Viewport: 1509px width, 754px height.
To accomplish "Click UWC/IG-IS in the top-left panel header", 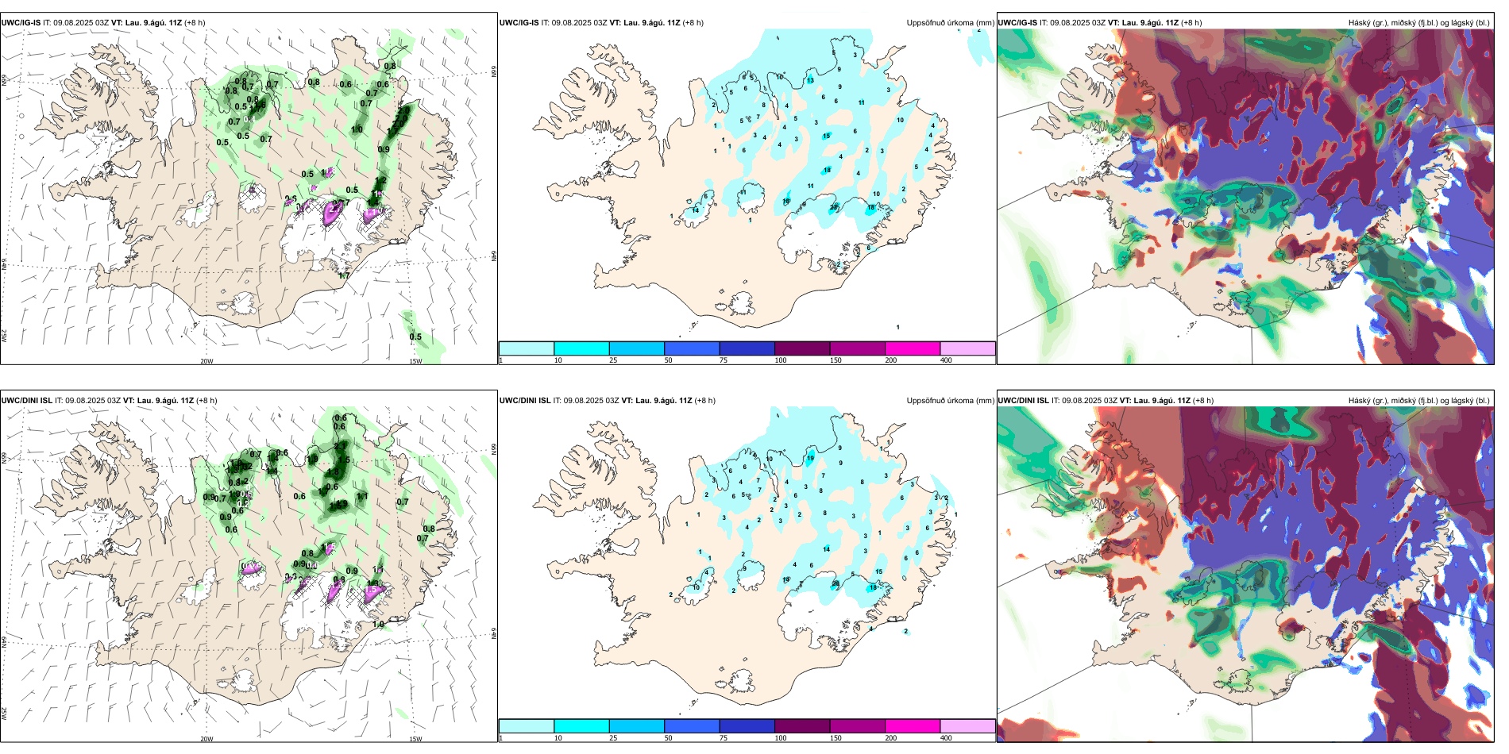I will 21,23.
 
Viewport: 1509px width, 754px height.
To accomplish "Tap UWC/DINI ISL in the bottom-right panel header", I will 1023,401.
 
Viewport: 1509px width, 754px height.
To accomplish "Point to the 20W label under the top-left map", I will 206,361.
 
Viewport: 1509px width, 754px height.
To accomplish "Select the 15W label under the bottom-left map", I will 415,739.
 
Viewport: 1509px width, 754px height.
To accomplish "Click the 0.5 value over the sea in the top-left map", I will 415,337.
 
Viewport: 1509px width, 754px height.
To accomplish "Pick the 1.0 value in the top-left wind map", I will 357,130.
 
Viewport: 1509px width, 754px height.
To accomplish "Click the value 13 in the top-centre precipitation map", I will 811,81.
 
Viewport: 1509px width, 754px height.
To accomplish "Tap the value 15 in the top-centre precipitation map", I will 826,137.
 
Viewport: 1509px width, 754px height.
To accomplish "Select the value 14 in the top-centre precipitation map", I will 695,210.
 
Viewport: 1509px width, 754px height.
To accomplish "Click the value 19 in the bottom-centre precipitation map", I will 811,459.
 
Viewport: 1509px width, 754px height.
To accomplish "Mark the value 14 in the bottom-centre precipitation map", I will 826,549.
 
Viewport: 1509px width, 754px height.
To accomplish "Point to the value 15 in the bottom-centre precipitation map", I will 878,571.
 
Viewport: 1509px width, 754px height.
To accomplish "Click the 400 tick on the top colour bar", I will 946,360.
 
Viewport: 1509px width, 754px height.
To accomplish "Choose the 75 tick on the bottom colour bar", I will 724,738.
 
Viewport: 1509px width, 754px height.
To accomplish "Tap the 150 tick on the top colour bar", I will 836,360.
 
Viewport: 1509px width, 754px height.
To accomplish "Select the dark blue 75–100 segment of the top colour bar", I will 747,348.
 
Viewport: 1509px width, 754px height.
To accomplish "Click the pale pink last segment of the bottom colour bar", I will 967,726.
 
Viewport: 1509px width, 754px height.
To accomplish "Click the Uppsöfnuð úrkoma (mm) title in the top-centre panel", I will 950,23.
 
